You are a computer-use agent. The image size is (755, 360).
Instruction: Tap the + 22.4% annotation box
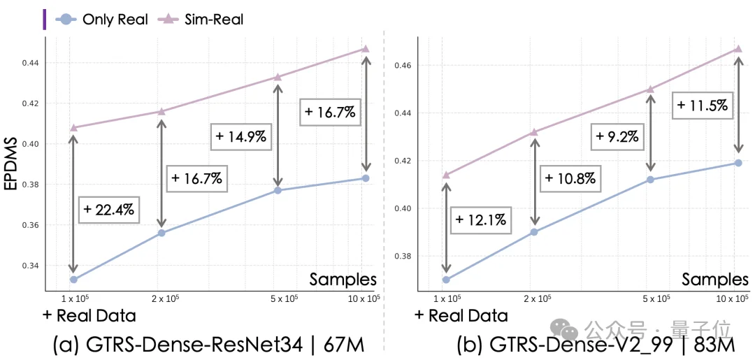point(108,208)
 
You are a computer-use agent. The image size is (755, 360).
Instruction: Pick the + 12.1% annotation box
point(482,220)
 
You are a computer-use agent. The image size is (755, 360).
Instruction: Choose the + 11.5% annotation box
point(703,106)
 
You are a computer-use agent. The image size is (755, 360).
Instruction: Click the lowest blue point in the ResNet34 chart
point(73,280)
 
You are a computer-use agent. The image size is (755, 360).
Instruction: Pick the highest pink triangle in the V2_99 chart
point(738,48)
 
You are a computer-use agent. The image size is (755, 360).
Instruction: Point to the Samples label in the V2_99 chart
point(715,279)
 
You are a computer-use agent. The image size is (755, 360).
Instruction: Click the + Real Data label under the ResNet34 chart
point(89,315)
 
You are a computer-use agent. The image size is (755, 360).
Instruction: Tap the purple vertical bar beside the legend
point(45,19)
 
